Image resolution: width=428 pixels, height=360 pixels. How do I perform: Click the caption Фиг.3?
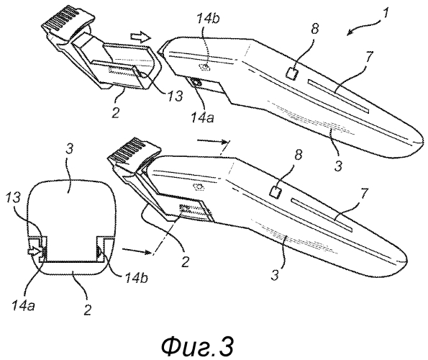click(197, 346)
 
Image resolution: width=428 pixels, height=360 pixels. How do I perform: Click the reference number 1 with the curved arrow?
click(385, 14)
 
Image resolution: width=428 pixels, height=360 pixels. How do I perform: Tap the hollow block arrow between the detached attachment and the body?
click(140, 37)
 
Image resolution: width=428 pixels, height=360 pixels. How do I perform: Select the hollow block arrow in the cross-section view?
click(33, 250)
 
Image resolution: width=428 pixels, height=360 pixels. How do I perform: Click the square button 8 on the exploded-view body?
click(292, 73)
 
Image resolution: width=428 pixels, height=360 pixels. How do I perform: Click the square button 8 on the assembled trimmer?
click(275, 192)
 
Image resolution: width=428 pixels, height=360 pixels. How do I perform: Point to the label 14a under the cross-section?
click(23, 306)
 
